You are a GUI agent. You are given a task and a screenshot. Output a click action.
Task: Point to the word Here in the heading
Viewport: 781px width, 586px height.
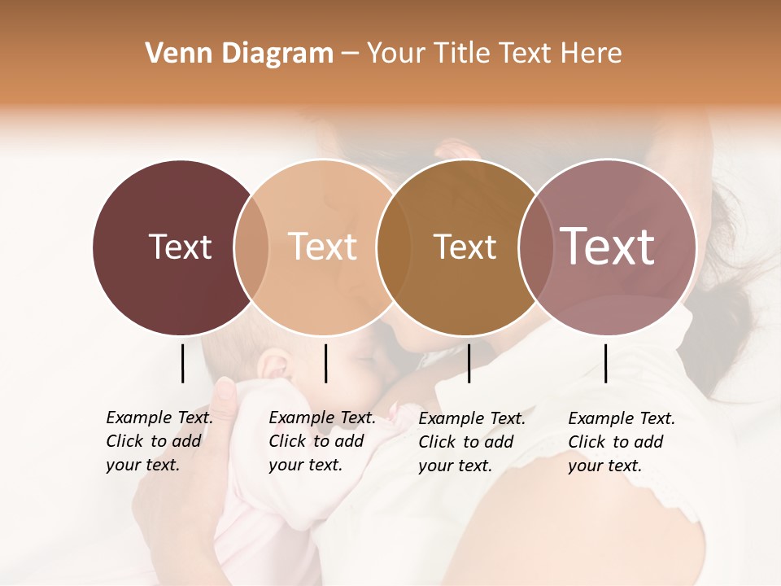(592, 54)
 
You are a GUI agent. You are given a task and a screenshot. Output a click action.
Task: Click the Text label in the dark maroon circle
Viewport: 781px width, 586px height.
(180, 247)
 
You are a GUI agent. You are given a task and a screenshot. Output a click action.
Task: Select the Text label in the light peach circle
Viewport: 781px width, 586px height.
(322, 247)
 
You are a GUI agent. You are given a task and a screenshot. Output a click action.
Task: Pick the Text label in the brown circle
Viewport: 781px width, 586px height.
(465, 247)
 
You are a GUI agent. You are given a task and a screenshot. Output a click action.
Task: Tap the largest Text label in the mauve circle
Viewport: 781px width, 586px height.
(607, 247)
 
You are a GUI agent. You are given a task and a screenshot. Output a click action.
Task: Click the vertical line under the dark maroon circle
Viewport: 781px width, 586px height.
(182, 363)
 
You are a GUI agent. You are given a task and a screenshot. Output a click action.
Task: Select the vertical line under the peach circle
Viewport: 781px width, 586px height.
(325, 363)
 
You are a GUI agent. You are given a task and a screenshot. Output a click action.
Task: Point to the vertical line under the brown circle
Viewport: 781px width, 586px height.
(469, 363)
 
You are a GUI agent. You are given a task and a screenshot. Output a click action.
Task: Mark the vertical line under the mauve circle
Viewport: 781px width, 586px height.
(605, 363)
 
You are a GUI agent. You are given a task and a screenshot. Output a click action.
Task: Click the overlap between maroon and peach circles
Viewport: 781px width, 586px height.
(251, 247)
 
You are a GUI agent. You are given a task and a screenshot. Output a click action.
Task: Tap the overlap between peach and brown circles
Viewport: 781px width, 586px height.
(393, 247)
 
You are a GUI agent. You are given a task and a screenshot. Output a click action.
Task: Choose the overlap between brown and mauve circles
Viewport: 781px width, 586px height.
(534, 247)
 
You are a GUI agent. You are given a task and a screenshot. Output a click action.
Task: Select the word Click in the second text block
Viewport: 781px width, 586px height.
(287, 441)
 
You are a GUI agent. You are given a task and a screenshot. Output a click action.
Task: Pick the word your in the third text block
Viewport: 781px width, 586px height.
(434, 466)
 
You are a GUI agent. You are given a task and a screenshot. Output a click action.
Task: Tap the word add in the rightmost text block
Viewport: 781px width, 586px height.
(649, 442)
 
